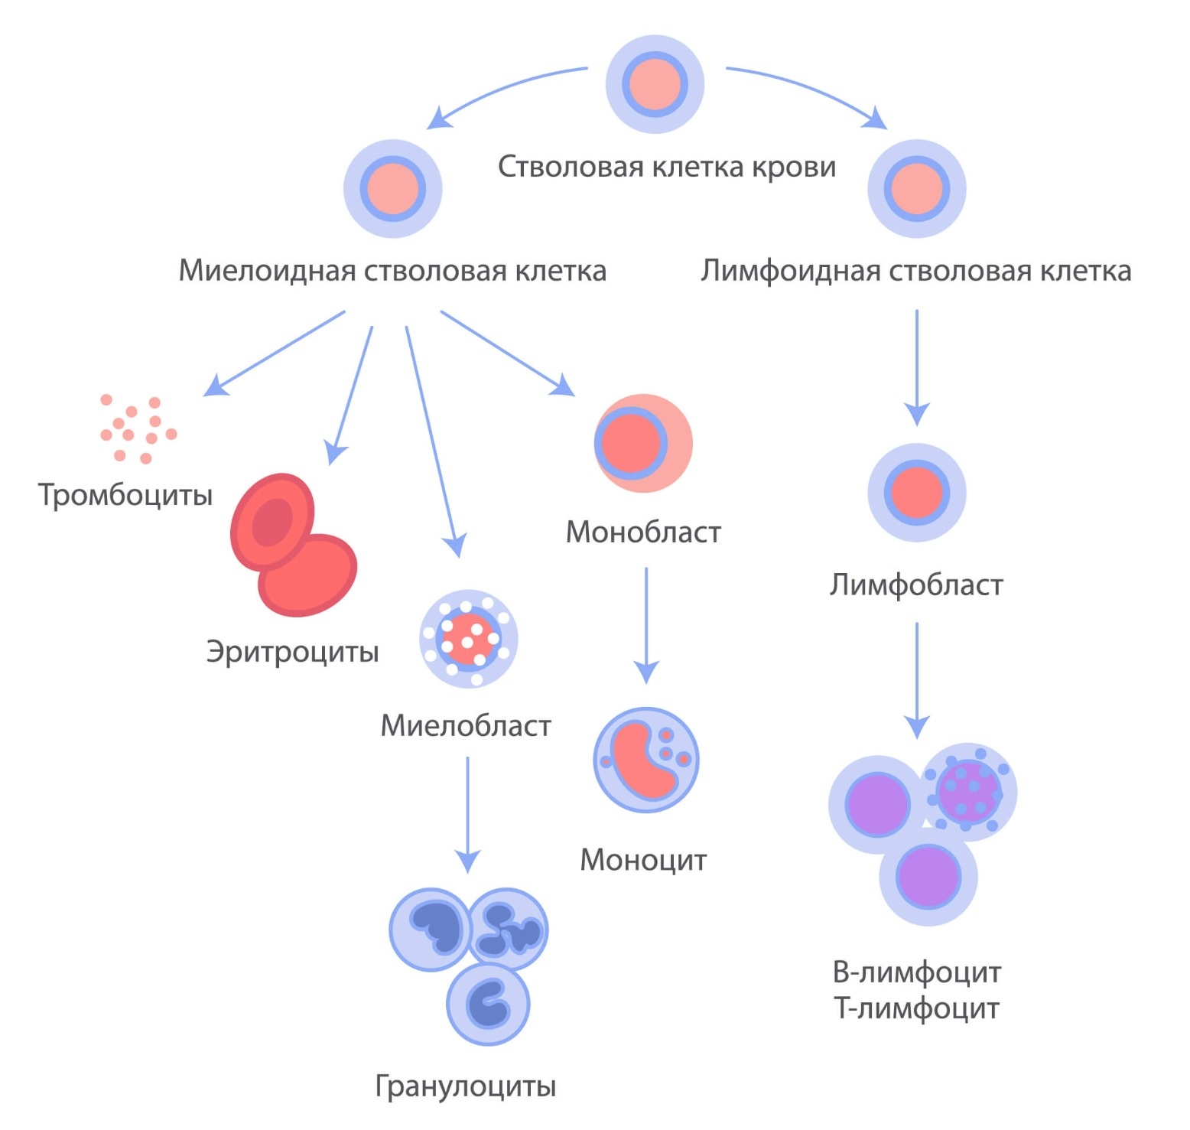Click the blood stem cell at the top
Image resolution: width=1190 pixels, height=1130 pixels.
655,84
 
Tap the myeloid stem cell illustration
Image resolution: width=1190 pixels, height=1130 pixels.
393,188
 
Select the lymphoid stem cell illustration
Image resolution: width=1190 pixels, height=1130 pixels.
916,188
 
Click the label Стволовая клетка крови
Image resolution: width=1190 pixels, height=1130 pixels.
667,167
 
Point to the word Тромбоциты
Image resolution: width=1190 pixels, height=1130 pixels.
125,495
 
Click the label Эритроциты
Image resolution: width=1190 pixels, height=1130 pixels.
292,651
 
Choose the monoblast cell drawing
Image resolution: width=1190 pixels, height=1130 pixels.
642,443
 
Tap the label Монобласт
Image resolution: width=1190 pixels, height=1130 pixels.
643,532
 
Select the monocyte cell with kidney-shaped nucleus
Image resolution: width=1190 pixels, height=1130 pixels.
646,759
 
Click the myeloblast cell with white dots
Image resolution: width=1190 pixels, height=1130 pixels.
469,638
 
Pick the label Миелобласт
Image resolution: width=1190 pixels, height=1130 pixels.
466,725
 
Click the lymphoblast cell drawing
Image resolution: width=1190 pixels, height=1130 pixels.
916,492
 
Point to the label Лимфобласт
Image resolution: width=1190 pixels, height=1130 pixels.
916,585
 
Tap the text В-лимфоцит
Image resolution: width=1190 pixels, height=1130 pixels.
916,972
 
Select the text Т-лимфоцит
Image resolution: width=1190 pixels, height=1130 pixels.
916,1008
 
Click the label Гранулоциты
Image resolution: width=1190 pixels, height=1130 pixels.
466,1086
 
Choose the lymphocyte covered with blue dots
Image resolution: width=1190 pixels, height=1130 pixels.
969,791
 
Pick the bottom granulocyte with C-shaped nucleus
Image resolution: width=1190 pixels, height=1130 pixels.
488,1005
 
